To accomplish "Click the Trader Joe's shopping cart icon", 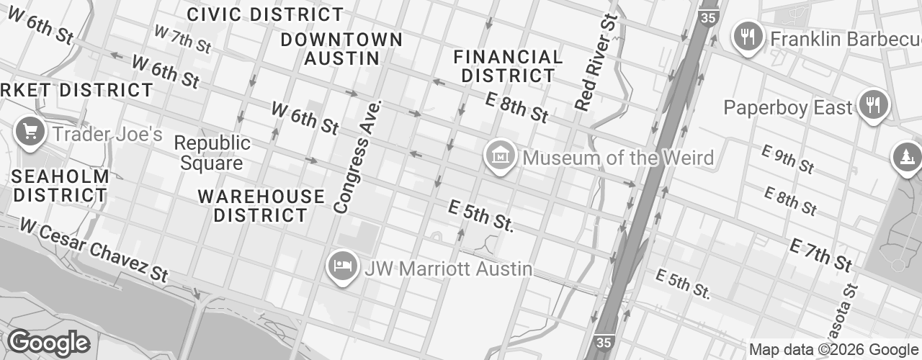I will coord(30,132).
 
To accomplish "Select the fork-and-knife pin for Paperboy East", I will coord(873,105).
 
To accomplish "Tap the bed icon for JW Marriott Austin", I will coord(342,266).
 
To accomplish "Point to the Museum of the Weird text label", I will coord(618,158).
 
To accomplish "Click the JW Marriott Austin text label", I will coord(449,269).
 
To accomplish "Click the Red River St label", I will coord(597,61).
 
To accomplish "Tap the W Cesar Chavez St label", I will coord(94,249).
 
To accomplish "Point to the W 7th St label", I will coord(183,39).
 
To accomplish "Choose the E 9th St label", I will coord(788,158).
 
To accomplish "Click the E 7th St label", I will coord(820,256).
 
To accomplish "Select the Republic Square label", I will coord(212,153).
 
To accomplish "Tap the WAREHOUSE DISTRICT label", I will coord(261,205).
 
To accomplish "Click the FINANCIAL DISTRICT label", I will coord(509,66).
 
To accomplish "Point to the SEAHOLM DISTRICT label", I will coord(61,185).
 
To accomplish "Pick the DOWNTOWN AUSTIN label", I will coord(341,48).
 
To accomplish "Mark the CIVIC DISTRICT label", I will coord(265,14).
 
